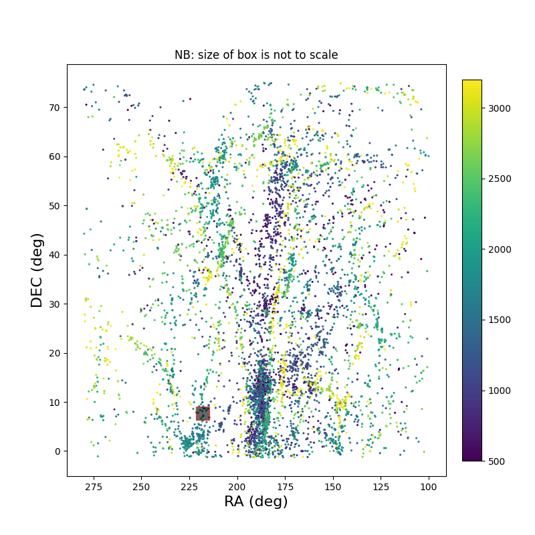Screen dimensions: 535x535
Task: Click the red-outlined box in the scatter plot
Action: [203, 413]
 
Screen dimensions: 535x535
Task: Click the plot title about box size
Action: [256, 55]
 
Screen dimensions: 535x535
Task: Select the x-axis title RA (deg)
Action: [256, 502]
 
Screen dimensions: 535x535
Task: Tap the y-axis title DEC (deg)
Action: [37, 270]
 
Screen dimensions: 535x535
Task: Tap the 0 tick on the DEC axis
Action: [58, 451]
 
